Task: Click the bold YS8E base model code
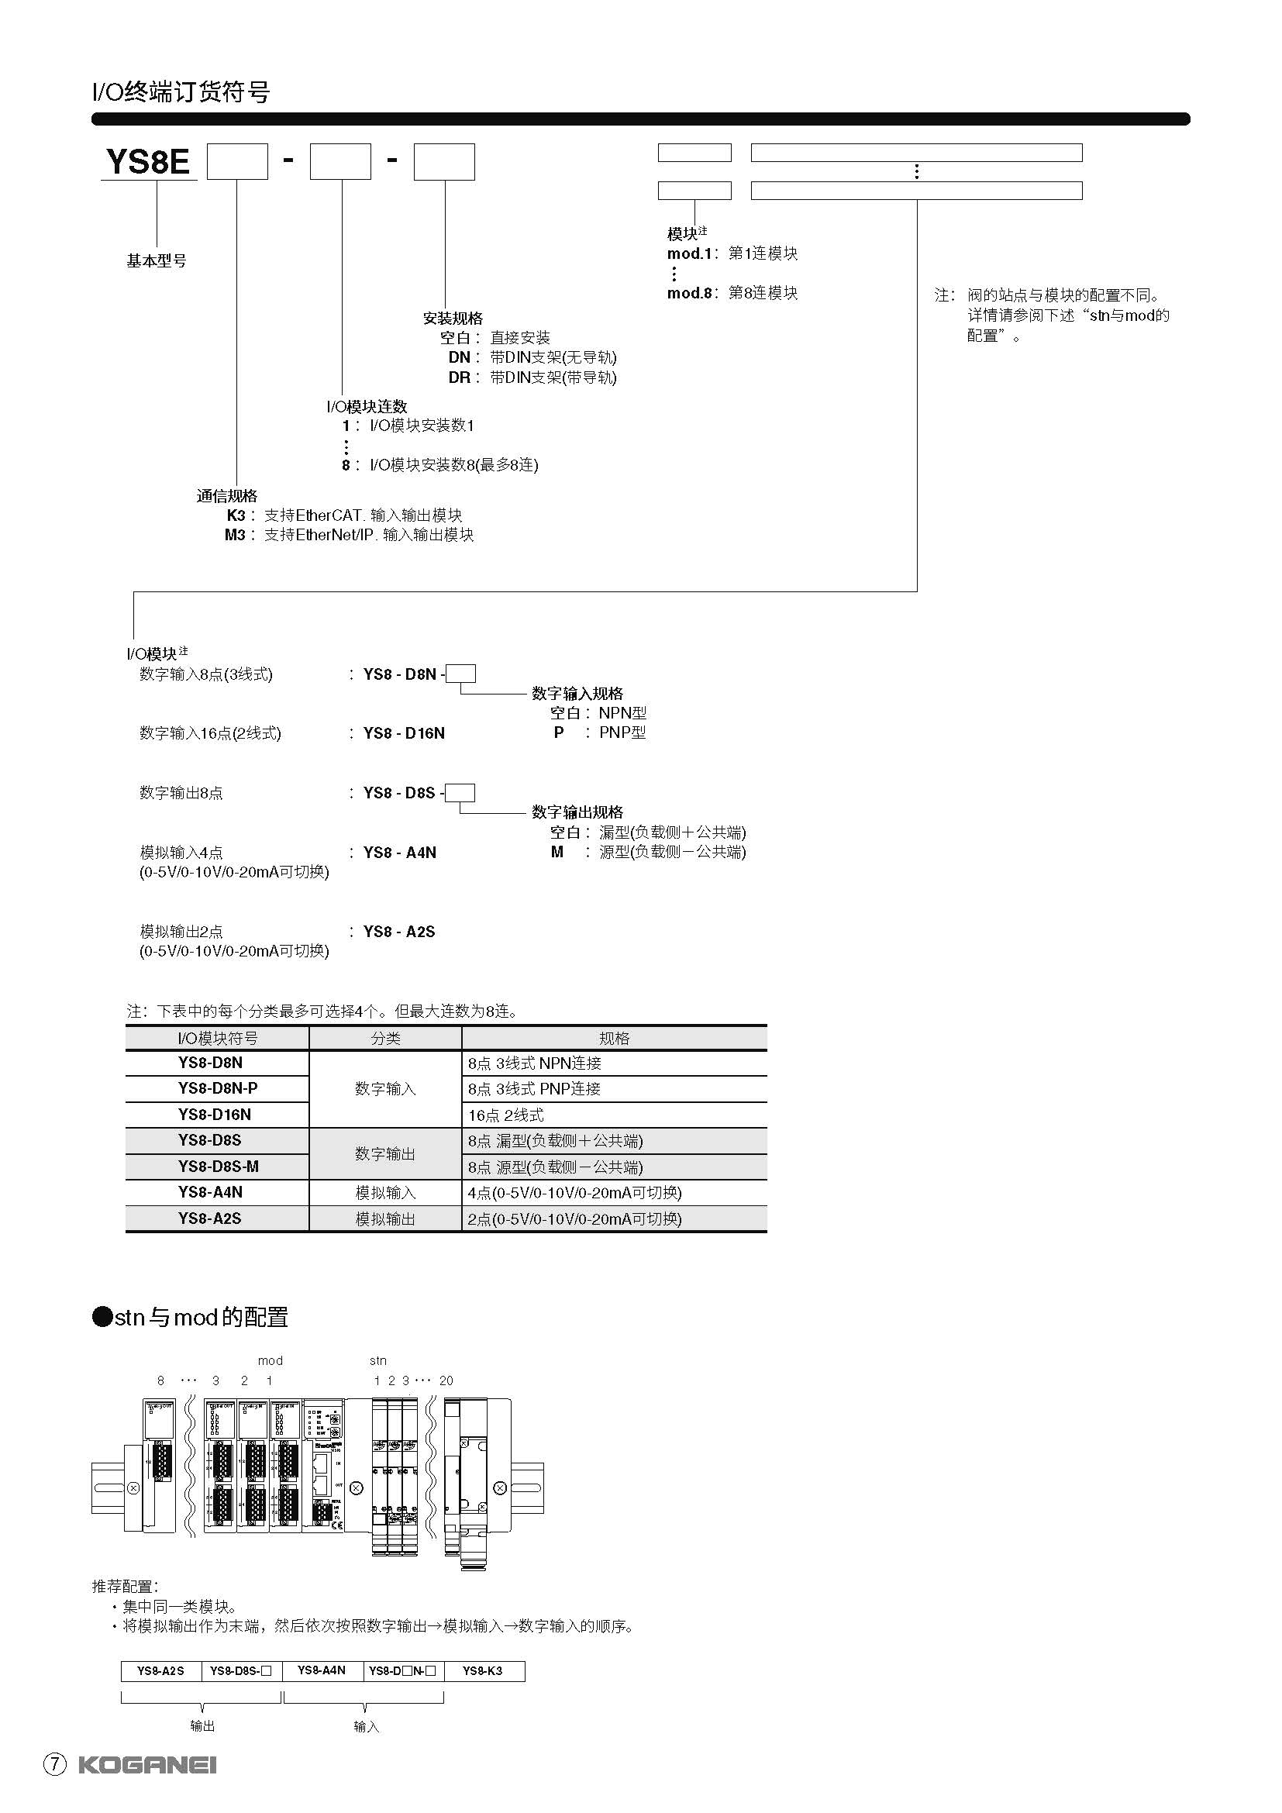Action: pyautogui.click(x=147, y=162)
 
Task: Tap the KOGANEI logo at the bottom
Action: pyautogui.click(x=146, y=1765)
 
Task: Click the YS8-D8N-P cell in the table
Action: pyautogui.click(x=217, y=1088)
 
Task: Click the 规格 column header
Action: pyautogui.click(x=613, y=1039)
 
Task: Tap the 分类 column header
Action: pyautogui.click(x=385, y=1039)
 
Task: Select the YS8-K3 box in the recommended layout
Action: pyautogui.click(x=484, y=1671)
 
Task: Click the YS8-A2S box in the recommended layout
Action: pyautogui.click(x=161, y=1671)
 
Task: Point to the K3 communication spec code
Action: pyautogui.click(x=236, y=515)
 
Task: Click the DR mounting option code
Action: pyautogui.click(x=460, y=377)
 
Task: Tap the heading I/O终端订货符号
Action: pyautogui.click(x=181, y=92)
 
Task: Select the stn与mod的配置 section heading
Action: pyautogui.click(x=190, y=1317)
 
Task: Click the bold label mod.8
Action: pyautogui.click(x=690, y=293)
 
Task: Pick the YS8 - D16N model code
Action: pyautogui.click(x=403, y=732)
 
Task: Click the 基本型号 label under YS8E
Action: pyautogui.click(x=157, y=260)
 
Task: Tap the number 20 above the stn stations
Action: pyautogui.click(x=446, y=1380)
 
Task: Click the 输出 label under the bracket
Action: pyautogui.click(x=202, y=1726)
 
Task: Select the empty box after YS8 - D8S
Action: pyautogui.click(x=460, y=792)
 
